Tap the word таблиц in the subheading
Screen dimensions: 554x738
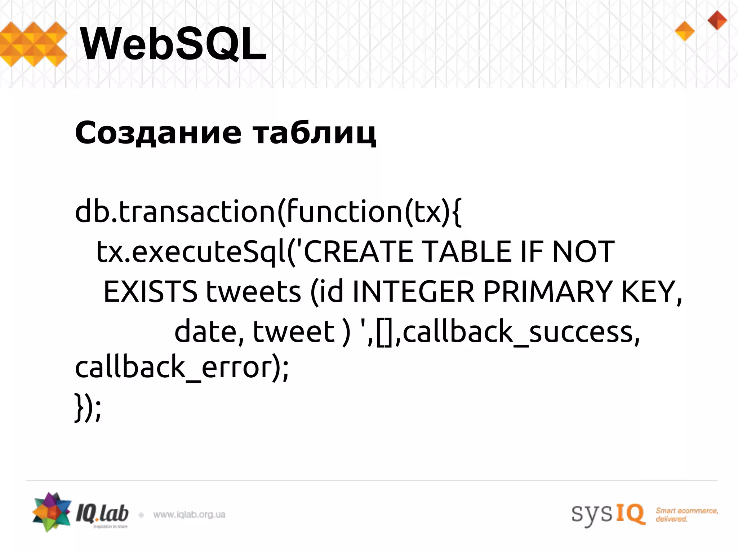[x=315, y=133]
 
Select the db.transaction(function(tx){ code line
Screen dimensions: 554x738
[x=268, y=212]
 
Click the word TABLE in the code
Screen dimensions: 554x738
[x=467, y=251]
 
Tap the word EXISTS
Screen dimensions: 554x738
[x=150, y=291]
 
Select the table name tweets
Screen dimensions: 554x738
[x=253, y=291]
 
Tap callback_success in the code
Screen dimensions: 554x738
[x=521, y=332]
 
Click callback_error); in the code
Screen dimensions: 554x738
[x=182, y=368]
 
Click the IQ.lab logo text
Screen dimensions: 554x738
[x=102, y=514]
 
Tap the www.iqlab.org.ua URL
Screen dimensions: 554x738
[x=189, y=515]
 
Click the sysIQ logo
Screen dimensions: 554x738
[x=608, y=514]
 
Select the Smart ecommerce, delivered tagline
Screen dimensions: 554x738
[x=686, y=515]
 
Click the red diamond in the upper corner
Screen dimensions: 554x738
[x=717, y=20]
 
